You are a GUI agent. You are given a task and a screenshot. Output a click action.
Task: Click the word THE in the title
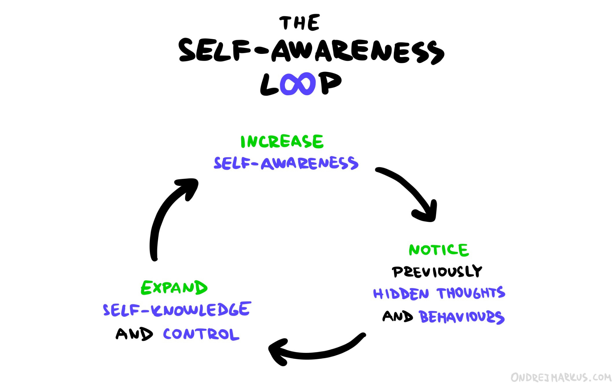[x=299, y=23]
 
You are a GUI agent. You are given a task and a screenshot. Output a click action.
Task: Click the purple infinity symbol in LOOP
[x=298, y=84]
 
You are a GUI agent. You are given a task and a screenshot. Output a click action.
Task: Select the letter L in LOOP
[x=269, y=85]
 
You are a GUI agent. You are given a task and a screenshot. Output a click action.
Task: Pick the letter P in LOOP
[x=330, y=83]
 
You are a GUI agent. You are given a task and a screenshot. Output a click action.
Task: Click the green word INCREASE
[x=282, y=141]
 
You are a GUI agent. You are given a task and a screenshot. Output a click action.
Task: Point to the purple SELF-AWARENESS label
[x=286, y=163]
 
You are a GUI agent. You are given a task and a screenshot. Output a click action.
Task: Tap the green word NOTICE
[x=439, y=250]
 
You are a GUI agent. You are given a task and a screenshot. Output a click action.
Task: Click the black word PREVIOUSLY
[x=437, y=272]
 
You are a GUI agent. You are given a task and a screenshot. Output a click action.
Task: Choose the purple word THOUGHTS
[x=471, y=293]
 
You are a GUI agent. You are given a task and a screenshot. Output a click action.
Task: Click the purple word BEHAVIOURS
[x=462, y=317]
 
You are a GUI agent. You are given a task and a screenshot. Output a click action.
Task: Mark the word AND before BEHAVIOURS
[x=398, y=316]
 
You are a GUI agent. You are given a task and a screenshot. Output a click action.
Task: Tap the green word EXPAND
[x=174, y=287]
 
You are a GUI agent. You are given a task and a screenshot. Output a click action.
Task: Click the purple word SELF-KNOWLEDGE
[x=177, y=310]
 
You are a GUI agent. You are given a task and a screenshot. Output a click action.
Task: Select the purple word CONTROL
[x=201, y=334]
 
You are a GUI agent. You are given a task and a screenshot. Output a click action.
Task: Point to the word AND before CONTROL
[x=134, y=334]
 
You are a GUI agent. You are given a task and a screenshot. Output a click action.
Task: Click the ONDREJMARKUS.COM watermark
[x=561, y=377]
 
